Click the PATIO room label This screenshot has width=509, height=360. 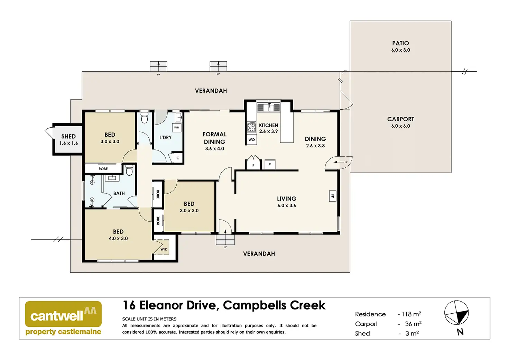400,43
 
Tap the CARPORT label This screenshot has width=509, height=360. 400,119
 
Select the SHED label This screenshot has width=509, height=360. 68,136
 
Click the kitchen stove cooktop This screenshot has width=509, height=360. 251,127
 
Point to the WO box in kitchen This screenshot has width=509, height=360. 251,140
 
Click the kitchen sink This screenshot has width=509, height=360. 269,107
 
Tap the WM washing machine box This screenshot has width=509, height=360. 177,128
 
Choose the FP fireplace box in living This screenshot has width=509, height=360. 332,196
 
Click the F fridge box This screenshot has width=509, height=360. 270,164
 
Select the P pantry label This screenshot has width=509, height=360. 253,165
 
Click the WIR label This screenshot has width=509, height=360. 164,249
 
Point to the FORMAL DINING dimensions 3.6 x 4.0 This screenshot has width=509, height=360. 214,149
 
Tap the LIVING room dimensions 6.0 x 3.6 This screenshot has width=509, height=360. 287,205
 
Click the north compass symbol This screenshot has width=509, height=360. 456,313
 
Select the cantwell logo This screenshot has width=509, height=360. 63,318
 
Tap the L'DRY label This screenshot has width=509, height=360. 165,138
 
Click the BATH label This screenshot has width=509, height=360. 119,193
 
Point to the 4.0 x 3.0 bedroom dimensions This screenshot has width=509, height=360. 118,238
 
